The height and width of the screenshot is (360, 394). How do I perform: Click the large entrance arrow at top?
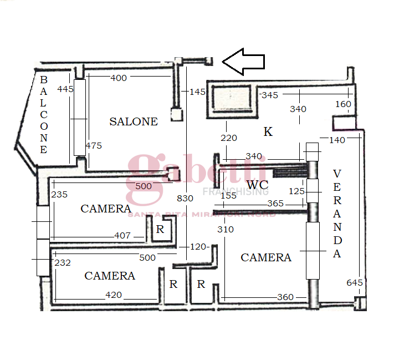244,61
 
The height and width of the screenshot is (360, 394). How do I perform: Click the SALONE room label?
134,121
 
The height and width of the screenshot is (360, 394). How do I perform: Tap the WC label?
258,184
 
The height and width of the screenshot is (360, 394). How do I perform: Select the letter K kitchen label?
268,132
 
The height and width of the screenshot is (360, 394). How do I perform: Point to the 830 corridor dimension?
186,198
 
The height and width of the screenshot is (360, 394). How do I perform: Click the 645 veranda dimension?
355,283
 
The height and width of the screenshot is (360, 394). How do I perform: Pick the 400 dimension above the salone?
119,78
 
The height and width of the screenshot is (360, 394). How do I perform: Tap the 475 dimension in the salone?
94,146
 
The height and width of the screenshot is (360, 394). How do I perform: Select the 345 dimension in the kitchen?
270,95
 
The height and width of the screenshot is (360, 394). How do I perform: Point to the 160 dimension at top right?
343,104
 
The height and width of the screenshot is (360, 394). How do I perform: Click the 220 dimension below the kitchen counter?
228,138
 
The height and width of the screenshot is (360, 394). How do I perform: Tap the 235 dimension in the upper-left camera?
59,195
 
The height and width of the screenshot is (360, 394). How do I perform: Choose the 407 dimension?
122,236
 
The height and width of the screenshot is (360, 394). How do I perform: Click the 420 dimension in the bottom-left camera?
114,295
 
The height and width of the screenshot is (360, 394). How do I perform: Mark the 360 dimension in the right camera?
285,297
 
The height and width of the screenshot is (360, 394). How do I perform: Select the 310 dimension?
226,229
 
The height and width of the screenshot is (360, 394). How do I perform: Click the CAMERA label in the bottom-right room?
266,258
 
